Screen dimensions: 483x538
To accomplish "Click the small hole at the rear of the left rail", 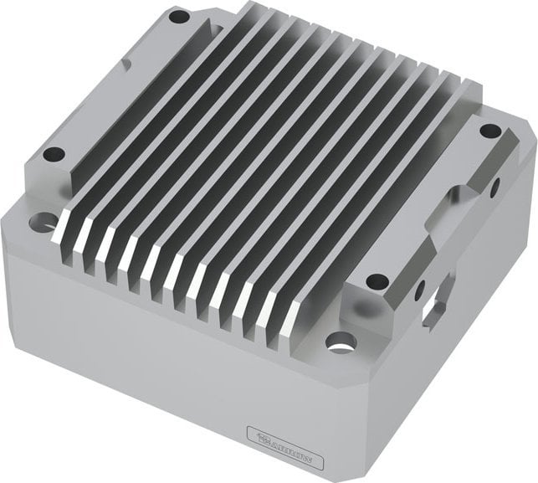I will pyautogui.click(x=178, y=16).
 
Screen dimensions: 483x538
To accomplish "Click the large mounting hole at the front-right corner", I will pyautogui.click(x=340, y=342).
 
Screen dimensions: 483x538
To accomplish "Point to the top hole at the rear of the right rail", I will pyautogui.click(x=489, y=131).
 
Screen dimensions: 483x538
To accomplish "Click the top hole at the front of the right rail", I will pyautogui.click(x=377, y=280).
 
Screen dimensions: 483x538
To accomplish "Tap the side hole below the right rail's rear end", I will pyautogui.click(x=495, y=186).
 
